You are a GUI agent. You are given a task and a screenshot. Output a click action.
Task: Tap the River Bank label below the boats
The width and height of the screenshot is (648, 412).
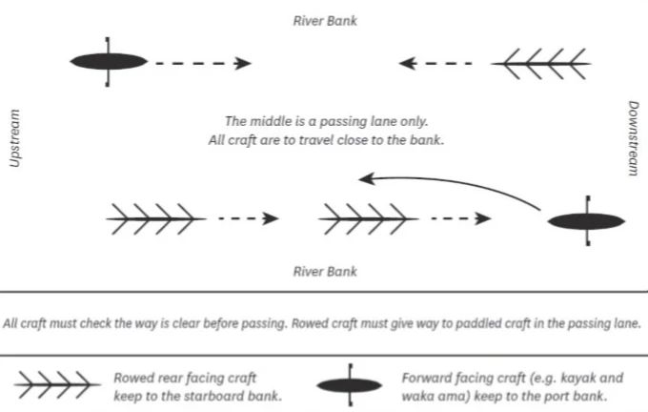click(x=324, y=272)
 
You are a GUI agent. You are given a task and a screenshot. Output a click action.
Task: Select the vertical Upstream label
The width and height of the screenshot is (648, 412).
click(x=14, y=138)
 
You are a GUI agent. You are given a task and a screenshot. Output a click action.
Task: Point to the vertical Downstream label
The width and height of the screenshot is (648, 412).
click(x=633, y=138)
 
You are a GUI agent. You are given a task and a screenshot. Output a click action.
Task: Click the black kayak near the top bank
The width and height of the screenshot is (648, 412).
click(x=109, y=62)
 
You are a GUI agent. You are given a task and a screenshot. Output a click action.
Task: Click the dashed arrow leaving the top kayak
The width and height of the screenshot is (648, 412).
click(x=204, y=63)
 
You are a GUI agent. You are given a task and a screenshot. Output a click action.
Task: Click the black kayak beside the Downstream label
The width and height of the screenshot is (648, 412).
click(x=587, y=220)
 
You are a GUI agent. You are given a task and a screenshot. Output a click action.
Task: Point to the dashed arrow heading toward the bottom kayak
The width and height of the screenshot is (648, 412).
click(x=461, y=219)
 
